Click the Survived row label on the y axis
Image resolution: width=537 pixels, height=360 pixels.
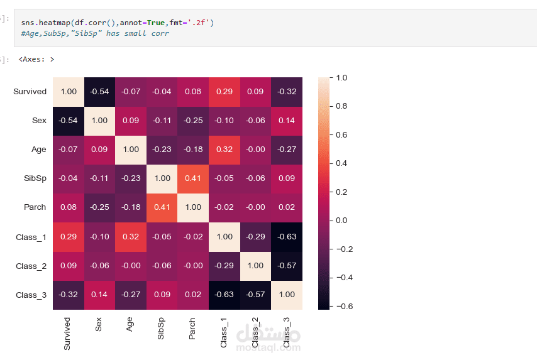pyautogui.click(x=30, y=92)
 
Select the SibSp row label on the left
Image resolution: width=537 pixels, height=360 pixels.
pyautogui.click(x=35, y=178)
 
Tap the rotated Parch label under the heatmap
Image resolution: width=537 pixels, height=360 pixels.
pyautogui.click(x=192, y=329)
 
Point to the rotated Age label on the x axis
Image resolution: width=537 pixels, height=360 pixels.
pyautogui.click(x=130, y=324)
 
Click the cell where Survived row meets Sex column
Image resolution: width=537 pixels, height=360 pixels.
pyautogui.click(x=99, y=92)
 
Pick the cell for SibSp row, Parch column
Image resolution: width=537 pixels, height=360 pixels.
pyautogui.click(x=193, y=179)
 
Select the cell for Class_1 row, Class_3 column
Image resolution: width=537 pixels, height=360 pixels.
pyautogui.click(x=287, y=237)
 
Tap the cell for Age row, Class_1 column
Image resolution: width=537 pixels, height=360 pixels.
pyautogui.click(x=224, y=150)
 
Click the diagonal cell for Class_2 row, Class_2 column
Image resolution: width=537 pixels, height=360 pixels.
pyautogui.click(x=255, y=266)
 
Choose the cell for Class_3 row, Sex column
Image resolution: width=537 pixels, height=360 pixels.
pyautogui.click(x=99, y=295)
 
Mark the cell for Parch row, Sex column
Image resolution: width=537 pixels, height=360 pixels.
pyautogui.click(x=99, y=208)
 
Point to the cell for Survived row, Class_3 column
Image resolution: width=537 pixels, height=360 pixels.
pyautogui.click(x=287, y=92)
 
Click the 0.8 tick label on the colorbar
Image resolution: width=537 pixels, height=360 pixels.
pyautogui.click(x=341, y=106)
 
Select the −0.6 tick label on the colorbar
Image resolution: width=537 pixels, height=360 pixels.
pyautogui.click(x=345, y=306)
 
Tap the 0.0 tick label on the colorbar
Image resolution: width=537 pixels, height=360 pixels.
pyautogui.click(x=341, y=221)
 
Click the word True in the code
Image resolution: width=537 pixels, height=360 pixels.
pyautogui.click(x=156, y=23)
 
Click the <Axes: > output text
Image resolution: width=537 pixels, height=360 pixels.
pyautogui.click(x=36, y=59)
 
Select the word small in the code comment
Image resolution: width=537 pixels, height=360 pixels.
pyautogui.click(x=135, y=33)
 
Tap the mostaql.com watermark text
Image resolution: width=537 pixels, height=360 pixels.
pyautogui.click(x=268, y=347)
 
